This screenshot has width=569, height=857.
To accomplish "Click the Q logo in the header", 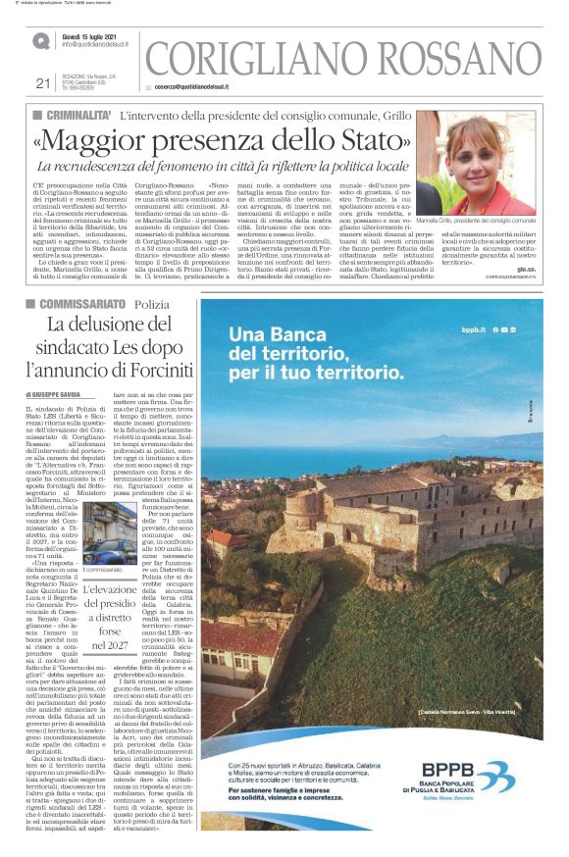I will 41,40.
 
